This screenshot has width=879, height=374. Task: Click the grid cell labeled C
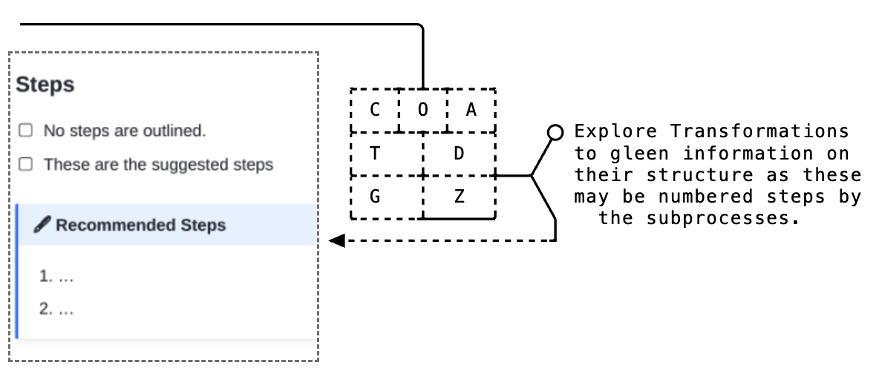pyautogui.click(x=375, y=111)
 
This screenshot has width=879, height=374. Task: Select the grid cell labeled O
pyautogui.click(x=423, y=111)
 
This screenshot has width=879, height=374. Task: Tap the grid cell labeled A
pyautogui.click(x=471, y=111)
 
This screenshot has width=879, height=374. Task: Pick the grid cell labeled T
pyautogui.click(x=375, y=154)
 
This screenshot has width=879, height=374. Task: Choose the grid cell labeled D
pyautogui.click(x=459, y=154)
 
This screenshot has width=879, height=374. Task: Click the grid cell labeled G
pyautogui.click(x=375, y=197)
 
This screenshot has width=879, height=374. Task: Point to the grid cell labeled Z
pyautogui.click(x=459, y=197)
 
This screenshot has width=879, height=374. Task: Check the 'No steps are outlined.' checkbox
pyautogui.click(x=26, y=131)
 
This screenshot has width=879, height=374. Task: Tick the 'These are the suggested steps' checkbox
pyautogui.click(x=26, y=165)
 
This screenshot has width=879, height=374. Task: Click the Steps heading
pyautogui.click(x=45, y=85)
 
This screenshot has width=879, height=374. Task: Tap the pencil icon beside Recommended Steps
pyautogui.click(x=42, y=225)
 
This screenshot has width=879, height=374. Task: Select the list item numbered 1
pyautogui.click(x=56, y=277)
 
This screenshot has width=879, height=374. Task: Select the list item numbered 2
pyautogui.click(x=56, y=310)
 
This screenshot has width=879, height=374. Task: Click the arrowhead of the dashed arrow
pyautogui.click(x=336, y=240)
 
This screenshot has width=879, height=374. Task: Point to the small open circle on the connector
pyautogui.click(x=555, y=132)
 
